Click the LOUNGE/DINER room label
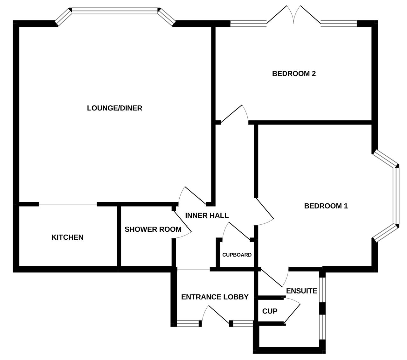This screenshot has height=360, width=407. [114, 108]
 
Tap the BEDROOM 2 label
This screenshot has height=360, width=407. [294, 74]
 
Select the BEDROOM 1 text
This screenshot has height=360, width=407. [326, 206]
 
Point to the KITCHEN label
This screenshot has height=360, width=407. [67, 237]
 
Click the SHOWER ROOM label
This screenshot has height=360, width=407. [153, 229]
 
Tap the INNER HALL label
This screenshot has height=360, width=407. [207, 215]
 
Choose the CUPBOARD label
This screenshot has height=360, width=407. [237, 255]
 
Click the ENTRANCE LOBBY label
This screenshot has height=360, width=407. [215, 297]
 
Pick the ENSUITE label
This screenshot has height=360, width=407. [301, 291]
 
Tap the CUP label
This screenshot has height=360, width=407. [270, 311]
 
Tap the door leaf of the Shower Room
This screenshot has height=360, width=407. [183, 222]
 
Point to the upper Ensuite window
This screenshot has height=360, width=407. [322, 290]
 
